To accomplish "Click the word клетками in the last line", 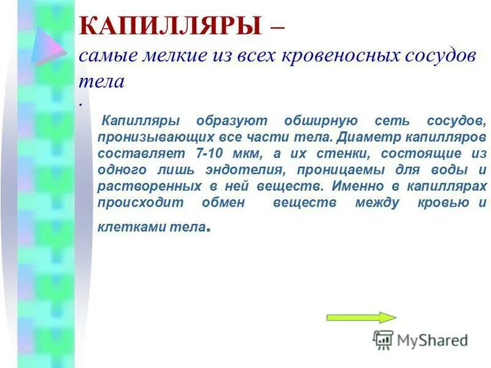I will [126, 226].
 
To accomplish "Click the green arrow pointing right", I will [361, 317].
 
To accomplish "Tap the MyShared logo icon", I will [383, 339].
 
